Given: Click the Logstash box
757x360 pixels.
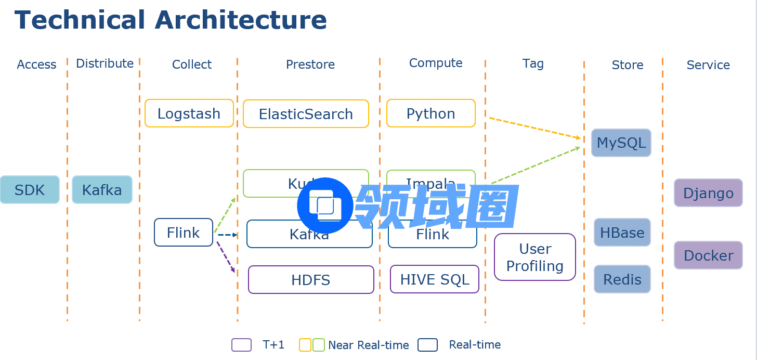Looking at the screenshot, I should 189,113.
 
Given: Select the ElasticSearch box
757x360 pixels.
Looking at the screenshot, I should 306,114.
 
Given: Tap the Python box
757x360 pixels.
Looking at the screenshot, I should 430,113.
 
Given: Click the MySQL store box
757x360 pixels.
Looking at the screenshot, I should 621,143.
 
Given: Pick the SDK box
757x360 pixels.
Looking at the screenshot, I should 30,190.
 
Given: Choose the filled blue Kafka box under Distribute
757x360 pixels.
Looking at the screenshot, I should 102,190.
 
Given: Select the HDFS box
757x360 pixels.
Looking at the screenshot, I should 311,280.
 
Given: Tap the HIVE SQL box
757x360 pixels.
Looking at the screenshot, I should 435,279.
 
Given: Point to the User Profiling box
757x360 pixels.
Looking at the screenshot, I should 535,258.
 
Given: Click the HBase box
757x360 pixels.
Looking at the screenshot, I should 622,233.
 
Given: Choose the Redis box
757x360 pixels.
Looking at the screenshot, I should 622,279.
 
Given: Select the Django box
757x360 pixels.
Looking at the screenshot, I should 708,193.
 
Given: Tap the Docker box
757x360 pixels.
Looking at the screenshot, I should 708,255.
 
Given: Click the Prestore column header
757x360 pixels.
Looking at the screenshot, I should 310,65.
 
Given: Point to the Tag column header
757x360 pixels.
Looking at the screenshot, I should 533,63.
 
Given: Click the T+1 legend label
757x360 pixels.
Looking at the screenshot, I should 273,344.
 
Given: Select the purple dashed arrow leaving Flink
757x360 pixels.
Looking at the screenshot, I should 226,256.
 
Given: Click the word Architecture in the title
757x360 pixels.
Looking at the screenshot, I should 241,20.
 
